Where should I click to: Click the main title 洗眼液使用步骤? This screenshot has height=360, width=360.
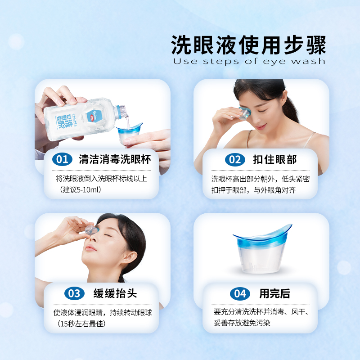(248, 45)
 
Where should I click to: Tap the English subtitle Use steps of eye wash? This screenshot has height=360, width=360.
(249, 61)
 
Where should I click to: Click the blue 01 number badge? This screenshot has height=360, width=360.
(62, 159)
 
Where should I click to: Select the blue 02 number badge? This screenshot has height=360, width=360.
(235, 160)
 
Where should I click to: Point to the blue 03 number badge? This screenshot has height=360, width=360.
(74, 293)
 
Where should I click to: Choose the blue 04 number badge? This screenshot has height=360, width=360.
(240, 293)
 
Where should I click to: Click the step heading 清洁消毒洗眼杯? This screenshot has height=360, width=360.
(115, 159)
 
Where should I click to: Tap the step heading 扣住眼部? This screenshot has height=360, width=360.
(274, 159)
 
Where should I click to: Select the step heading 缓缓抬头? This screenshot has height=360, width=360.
(115, 293)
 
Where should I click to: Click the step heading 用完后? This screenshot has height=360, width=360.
(274, 293)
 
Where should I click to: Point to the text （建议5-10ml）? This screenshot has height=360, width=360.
(81, 189)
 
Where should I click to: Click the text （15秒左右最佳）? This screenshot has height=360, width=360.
(81, 324)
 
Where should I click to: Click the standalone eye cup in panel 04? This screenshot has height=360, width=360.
(262, 249)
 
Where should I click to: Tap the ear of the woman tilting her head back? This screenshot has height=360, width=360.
(128, 256)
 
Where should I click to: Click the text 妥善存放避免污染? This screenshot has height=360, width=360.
(242, 323)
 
